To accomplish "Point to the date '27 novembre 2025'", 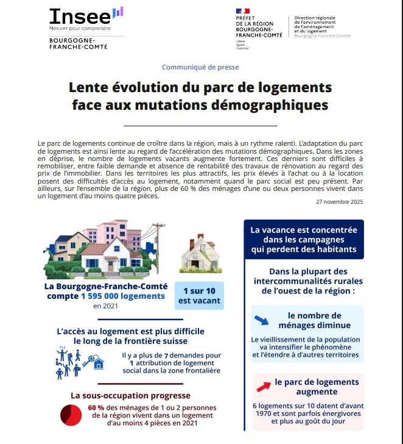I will (x=340, y=202).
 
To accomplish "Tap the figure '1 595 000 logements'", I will (x=123, y=296).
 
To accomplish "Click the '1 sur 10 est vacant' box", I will (x=199, y=295).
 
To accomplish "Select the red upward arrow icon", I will (x=264, y=386).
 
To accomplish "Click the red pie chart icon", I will (x=71, y=415).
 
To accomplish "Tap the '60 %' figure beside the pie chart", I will (x=96, y=408).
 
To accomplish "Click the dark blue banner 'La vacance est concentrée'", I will (x=304, y=240).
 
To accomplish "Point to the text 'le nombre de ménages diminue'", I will (x=314, y=321).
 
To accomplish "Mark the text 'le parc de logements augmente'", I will (x=313, y=387).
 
